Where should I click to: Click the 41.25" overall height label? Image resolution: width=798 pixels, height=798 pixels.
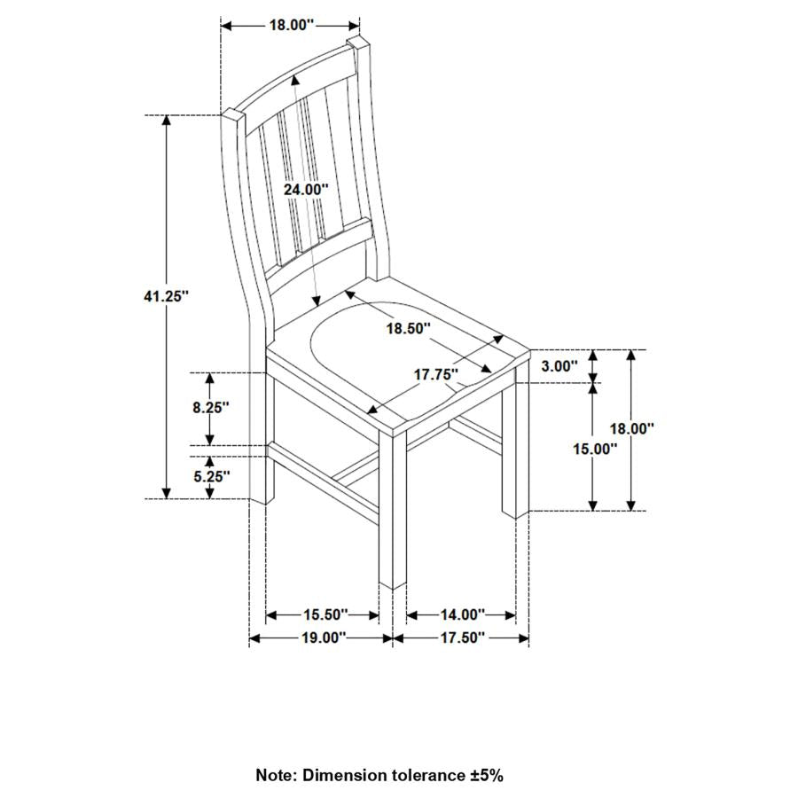(x=167, y=297)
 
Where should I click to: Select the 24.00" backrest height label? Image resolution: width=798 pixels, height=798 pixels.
(x=306, y=189)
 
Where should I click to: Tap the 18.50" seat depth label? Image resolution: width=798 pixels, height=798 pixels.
(x=408, y=328)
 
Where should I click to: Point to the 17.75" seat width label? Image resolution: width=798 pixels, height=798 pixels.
(x=436, y=374)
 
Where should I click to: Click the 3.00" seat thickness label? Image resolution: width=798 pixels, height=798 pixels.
(x=559, y=365)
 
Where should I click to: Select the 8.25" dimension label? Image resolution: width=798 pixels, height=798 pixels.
(x=210, y=407)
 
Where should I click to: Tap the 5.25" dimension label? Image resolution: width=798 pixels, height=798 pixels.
(x=210, y=476)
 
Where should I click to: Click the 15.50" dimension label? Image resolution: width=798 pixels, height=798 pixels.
(x=324, y=614)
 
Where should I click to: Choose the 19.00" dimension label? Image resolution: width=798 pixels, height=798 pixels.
(x=322, y=638)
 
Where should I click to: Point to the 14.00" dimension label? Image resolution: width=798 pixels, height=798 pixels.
(x=462, y=614)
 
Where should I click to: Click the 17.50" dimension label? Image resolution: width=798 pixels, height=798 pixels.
(x=461, y=638)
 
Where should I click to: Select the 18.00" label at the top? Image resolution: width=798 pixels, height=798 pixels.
(x=292, y=26)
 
